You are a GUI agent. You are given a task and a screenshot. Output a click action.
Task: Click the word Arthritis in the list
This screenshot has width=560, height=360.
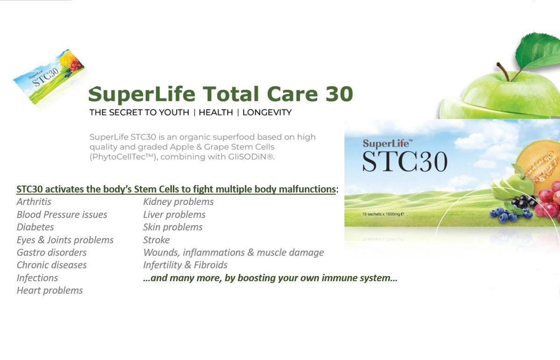(34, 202)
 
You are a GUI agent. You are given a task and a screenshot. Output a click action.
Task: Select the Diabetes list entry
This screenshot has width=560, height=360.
(35, 227)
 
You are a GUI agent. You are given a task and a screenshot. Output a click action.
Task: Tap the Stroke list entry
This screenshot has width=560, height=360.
(156, 240)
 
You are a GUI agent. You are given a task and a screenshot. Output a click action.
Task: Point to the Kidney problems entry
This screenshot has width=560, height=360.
(178, 202)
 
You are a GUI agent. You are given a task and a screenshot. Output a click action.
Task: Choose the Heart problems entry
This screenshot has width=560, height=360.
(50, 290)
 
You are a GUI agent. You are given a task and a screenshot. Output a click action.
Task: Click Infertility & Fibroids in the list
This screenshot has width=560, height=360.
(185, 265)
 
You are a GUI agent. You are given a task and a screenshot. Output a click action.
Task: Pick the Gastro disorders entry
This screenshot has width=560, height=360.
(52, 253)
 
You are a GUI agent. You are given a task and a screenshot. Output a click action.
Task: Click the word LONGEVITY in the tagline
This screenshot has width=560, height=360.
(267, 113)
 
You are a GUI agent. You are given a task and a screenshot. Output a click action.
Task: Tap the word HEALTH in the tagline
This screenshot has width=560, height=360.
(216, 113)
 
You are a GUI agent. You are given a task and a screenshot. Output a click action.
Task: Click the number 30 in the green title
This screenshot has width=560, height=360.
(339, 94)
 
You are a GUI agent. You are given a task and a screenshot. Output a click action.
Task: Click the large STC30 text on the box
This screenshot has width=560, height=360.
(405, 162)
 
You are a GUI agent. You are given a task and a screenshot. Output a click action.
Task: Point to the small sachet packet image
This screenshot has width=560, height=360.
(49, 77)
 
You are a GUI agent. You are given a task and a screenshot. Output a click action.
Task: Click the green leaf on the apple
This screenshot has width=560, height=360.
(538, 51)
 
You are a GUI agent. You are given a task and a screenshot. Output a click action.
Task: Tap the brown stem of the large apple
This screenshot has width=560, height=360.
(503, 71)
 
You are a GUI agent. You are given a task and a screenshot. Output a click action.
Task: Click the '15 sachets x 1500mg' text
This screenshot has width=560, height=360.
(383, 214)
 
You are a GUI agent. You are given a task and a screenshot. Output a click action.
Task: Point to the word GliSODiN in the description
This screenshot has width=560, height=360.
(251, 157)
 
